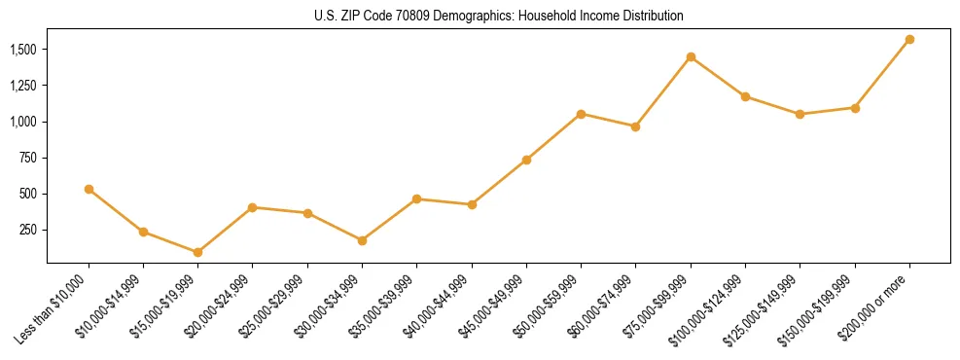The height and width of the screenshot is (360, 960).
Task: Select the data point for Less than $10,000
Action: point(89,189)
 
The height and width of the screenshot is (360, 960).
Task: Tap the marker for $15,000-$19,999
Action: point(197,252)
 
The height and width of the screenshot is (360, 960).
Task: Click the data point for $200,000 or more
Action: point(909,39)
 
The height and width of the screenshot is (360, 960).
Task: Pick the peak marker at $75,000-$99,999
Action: point(691,56)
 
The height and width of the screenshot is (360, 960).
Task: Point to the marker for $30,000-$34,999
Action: point(362,240)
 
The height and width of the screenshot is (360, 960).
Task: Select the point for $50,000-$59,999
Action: point(581,114)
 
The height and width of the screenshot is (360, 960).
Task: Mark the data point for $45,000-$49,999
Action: point(526,160)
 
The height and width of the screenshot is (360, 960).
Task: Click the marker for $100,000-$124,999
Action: point(745,96)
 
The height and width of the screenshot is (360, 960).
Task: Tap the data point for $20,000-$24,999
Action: point(252,207)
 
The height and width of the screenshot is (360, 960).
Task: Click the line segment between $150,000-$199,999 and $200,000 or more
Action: point(882,73)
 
